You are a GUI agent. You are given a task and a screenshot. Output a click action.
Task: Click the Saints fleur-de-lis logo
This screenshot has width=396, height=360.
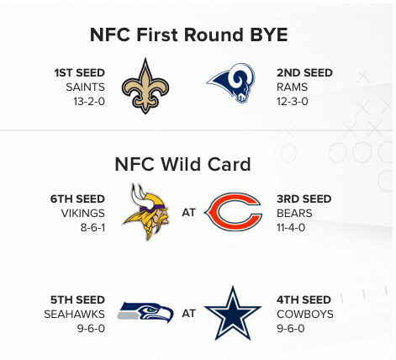[145, 86]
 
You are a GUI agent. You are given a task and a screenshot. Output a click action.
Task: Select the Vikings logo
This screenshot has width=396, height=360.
[145, 212]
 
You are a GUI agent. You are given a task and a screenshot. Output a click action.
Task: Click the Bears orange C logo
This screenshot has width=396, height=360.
[233, 212]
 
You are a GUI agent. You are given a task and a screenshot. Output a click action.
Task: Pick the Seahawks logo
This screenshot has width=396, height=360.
[145, 312]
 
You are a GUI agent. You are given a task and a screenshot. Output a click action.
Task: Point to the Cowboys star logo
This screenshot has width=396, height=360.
[233, 314]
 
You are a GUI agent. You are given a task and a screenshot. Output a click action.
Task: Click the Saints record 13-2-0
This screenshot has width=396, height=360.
[89, 101]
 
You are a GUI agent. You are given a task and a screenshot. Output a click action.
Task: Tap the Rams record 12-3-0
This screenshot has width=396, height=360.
[293, 101]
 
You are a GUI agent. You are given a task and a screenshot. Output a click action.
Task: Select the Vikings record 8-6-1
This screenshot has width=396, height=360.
[92, 227]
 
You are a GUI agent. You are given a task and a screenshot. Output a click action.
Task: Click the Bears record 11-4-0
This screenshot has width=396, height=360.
[291, 227]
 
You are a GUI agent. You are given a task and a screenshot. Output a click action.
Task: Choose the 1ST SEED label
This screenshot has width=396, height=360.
[80, 73]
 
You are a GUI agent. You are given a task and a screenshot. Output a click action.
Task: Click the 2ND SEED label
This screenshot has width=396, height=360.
[304, 73]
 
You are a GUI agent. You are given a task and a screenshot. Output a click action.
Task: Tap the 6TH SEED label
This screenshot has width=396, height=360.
[77, 199]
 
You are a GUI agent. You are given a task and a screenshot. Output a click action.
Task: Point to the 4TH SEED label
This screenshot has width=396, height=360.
[304, 300]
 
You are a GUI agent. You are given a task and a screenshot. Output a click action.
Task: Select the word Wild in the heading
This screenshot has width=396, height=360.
[180, 164]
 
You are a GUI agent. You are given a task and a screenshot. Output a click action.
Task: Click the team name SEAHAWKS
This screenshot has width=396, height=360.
[75, 315]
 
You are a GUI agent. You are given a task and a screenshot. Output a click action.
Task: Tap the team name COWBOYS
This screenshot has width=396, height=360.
[305, 315]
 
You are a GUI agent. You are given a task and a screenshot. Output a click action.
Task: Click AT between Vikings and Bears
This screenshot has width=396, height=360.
[188, 213]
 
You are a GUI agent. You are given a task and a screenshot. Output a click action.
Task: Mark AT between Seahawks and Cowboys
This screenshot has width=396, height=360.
[188, 314]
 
